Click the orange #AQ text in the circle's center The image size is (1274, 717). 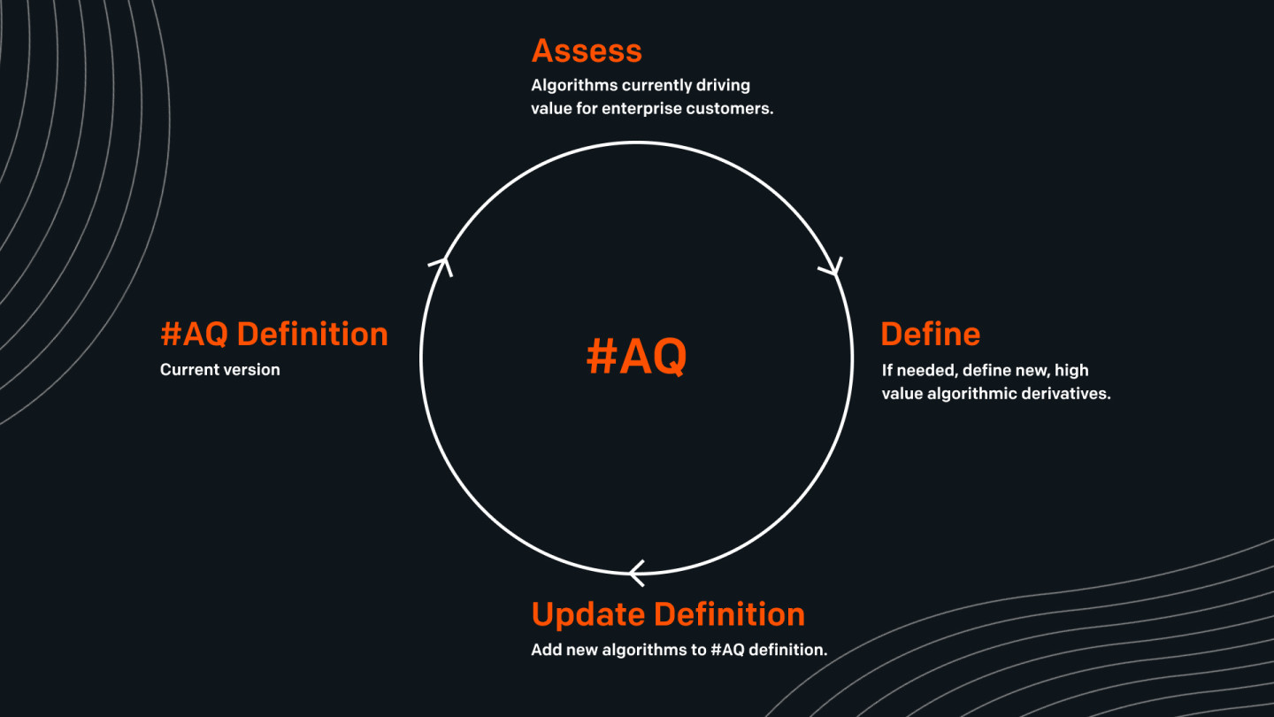[x=636, y=357]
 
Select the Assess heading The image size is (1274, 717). [x=587, y=51]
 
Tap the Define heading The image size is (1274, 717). [x=931, y=335]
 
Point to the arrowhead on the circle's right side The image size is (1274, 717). [x=832, y=267]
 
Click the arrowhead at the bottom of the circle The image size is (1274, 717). [x=636, y=573]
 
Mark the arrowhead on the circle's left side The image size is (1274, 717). [x=441, y=264]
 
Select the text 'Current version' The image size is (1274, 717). [x=219, y=370]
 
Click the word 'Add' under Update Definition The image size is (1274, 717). [x=545, y=650]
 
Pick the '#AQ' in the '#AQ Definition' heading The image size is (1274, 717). [x=195, y=335]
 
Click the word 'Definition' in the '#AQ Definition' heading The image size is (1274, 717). [x=312, y=335]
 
